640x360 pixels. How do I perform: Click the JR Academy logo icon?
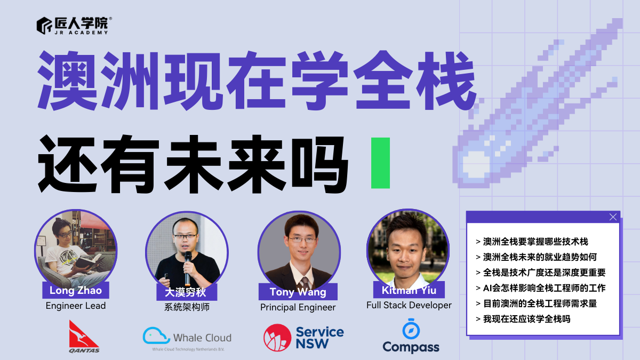pos(44,25)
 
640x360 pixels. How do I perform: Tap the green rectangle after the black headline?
pos(381,163)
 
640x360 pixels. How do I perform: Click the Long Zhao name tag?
pos(75,291)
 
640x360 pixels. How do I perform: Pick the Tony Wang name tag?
pos(298,292)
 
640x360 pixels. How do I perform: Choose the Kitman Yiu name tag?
pos(409,290)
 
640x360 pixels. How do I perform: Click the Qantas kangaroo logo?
pos(83,334)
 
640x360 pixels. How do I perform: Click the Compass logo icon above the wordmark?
pos(411,329)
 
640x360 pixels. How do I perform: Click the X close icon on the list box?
pos(613,217)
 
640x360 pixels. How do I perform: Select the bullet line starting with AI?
pos(540,288)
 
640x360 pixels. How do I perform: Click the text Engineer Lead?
pos(76,306)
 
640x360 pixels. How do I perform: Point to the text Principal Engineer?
pos(298,307)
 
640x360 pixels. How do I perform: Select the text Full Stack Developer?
pos(409,305)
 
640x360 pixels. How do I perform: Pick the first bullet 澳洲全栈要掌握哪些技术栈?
pos(531,242)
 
